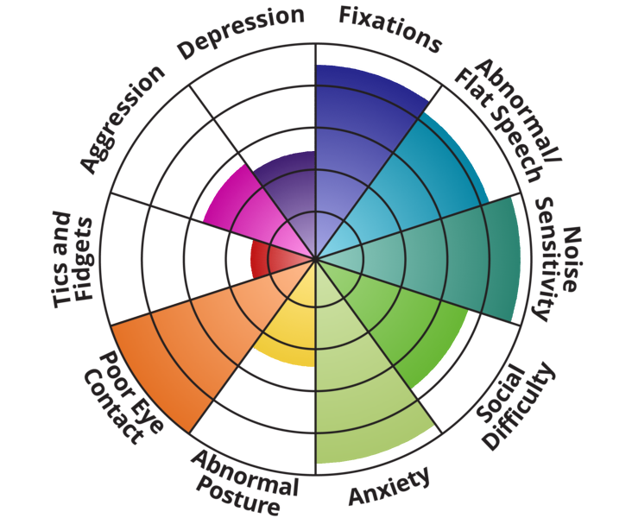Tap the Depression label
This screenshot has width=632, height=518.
click(241, 33)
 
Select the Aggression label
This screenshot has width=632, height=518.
click(122, 117)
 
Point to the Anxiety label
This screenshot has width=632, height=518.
click(389, 488)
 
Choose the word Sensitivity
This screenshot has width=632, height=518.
click(551, 259)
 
